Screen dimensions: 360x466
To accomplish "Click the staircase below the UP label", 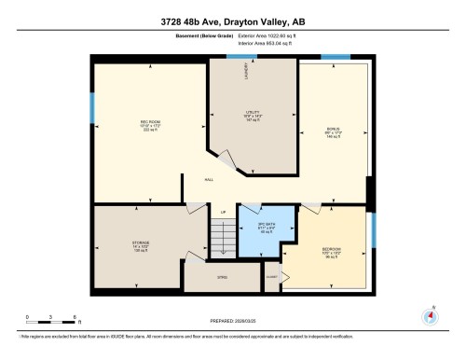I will point(221,242).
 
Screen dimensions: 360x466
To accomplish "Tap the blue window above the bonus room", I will point(336,57).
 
